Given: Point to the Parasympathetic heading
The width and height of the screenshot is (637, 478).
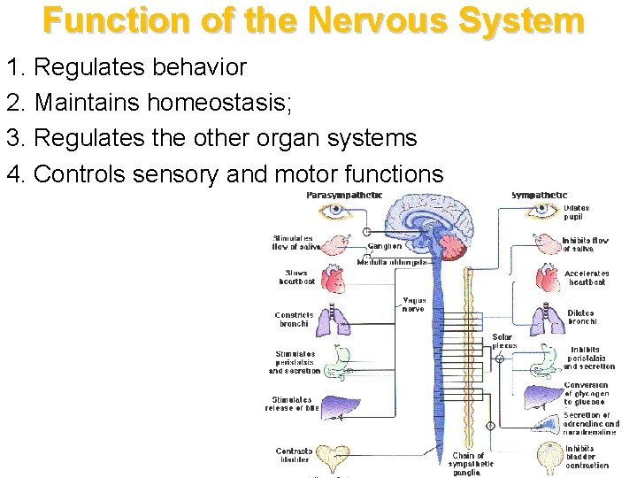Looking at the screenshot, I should pyautogui.click(x=344, y=195).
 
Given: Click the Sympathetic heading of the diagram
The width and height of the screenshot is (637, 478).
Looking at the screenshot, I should pyautogui.click(x=540, y=195).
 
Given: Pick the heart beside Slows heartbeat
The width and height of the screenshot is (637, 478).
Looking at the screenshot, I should pyautogui.click(x=337, y=279).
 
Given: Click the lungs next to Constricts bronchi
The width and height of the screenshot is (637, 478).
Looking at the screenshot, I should pyautogui.click(x=337, y=318).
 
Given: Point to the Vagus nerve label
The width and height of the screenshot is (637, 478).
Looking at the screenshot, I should pyautogui.click(x=413, y=305).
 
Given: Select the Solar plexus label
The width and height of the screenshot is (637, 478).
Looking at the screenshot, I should pyautogui.click(x=502, y=341).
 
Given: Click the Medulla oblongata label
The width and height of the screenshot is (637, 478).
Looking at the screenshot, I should pyautogui.click(x=393, y=263).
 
